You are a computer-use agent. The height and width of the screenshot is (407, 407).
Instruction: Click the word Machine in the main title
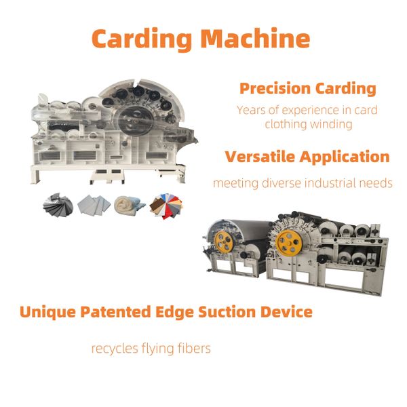tap(256, 39)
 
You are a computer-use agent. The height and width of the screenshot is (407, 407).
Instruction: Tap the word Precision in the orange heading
tap(275, 88)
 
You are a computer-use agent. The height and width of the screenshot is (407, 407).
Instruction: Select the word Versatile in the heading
tap(260, 157)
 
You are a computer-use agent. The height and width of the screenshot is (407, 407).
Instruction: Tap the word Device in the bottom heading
tap(286, 311)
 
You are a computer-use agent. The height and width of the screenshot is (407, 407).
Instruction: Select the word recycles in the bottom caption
tap(115, 349)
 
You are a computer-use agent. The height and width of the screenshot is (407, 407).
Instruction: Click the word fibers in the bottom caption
tap(194, 348)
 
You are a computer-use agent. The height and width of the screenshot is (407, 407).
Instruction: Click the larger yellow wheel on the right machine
tap(289, 243)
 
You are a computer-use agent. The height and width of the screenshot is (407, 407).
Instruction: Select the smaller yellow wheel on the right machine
tap(223, 242)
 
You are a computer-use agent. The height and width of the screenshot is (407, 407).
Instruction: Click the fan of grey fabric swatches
tap(58, 205)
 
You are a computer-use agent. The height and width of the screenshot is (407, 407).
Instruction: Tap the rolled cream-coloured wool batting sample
tap(129, 205)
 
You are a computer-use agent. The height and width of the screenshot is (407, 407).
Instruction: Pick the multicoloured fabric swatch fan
tap(166, 206)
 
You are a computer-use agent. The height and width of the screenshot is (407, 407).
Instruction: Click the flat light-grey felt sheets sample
tap(94, 205)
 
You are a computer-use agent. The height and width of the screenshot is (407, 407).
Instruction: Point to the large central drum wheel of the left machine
tap(135, 121)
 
